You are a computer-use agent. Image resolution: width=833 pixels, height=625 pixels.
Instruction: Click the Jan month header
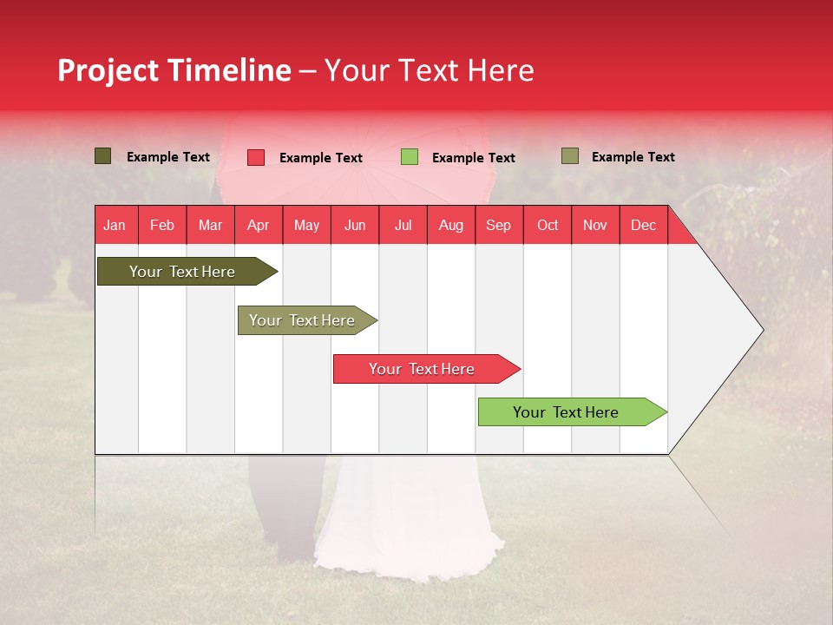pyautogui.click(x=115, y=225)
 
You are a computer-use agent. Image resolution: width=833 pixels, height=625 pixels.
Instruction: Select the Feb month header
pyautogui.click(x=162, y=225)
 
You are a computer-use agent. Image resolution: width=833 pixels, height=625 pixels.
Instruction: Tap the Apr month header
pyautogui.click(x=258, y=225)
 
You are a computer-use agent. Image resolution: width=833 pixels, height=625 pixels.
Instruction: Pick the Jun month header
pyautogui.click(x=355, y=225)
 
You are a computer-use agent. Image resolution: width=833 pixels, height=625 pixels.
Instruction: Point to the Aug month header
pyautogui.click(x=450, y=225)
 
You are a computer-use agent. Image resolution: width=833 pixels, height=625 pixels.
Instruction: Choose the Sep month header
pyautogui.click(x=498, y=225)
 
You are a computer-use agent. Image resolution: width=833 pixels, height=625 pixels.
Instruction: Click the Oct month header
pyautogui.click(x=548, y=225)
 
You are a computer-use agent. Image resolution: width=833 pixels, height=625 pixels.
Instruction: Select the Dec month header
pyautogui.click(x=643, y=225)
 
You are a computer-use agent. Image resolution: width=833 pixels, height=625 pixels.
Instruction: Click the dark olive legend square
pyautogui.click(x=103, y=156)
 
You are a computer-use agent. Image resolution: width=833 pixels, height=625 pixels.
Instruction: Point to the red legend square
pyautogui.click(x=256, y=157)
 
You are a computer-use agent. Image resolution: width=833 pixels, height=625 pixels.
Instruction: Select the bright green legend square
pyautogui.click(x=410, y=157)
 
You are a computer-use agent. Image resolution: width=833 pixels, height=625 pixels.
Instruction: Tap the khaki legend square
pyautogui.click(x=569, y=156)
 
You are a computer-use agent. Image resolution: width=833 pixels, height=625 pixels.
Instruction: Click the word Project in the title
pyautogui.click(x=108, y=70)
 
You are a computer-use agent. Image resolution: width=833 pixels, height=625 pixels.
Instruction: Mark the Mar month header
pyautogui.click(x=210, y=225)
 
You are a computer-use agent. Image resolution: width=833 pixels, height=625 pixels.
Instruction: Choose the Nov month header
pyautogui.click(x=595, y=225)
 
